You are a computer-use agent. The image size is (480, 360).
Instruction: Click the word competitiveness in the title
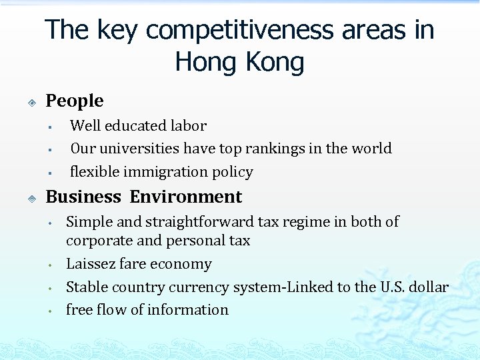[x=257, y=30]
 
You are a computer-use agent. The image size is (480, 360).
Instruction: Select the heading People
[x=74, y=101]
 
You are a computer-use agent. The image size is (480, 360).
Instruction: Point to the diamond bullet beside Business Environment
[x=31, y=198]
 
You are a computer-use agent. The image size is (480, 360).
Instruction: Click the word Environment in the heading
[x=186, y=197]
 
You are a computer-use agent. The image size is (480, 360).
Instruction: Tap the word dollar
[x=428, y=287]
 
